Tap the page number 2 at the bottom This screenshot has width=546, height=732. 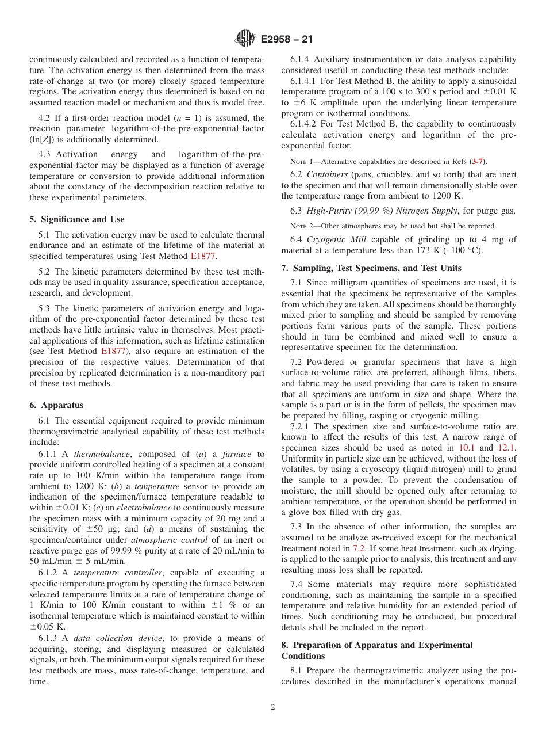(273, 707)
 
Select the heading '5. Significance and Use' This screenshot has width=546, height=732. (76, 219)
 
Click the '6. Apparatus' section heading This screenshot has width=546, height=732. (56, 405)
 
